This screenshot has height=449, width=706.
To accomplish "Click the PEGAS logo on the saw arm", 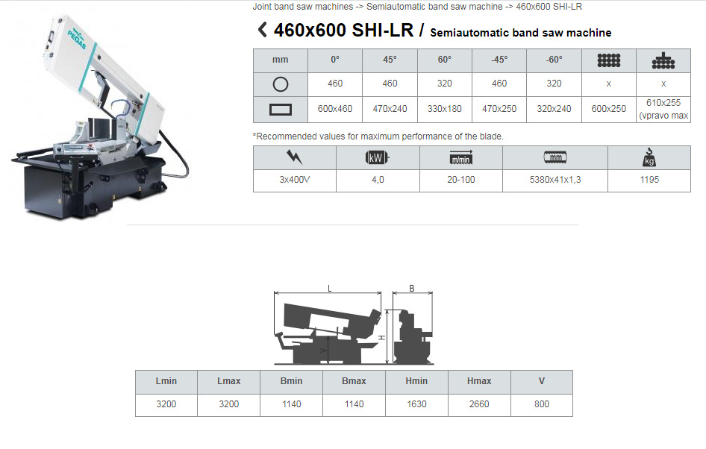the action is tap(77, 38).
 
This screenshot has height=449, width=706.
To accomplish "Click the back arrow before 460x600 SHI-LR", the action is tap(262, 30).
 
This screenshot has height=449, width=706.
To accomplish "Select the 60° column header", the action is tap(444, 60).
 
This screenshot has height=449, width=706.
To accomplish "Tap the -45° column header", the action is tap(499, 60).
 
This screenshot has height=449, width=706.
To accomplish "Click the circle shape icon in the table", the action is tap(280, 84).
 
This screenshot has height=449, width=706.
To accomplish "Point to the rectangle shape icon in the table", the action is tap(280, 110).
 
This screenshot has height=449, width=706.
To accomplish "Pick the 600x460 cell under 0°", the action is tap(334, 109).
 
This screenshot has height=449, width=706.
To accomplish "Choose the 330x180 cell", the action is tap(444, 109).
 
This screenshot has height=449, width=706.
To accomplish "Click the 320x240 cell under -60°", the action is tap(554, 109).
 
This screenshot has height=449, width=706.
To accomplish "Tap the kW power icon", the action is tap(377, 157).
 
